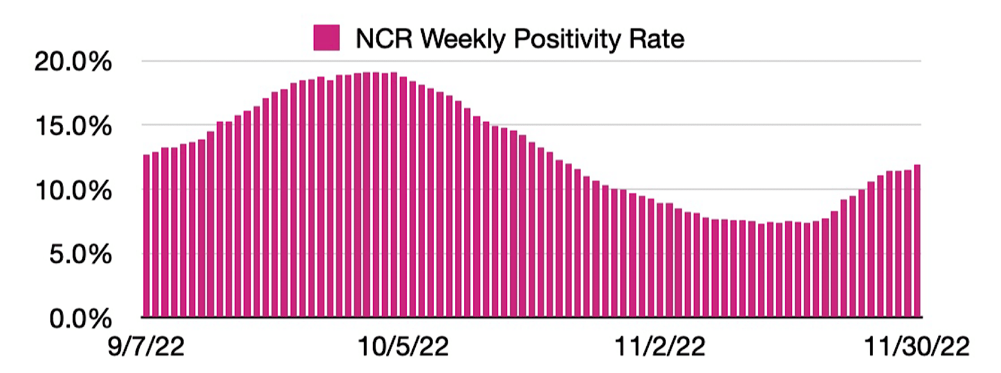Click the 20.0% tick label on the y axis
click(73, 62)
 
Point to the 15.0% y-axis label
click(73, 126)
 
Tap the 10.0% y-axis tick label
click(73, 191)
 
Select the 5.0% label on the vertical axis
click(80, 255)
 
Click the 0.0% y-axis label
click(80, 319)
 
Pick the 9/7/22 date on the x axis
click(146, 347)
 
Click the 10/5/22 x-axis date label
click(403, 347)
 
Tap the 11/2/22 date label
click(660, 347)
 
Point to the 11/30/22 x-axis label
click(917, 347)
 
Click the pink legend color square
click(326, 38)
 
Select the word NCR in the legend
click(384, 39)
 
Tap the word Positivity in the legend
click(567, 39)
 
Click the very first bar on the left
click(147, 235)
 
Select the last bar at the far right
click(917, 240)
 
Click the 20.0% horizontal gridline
click(532, 61)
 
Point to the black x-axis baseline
click(532, 317)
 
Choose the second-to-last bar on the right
click(908, 243)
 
